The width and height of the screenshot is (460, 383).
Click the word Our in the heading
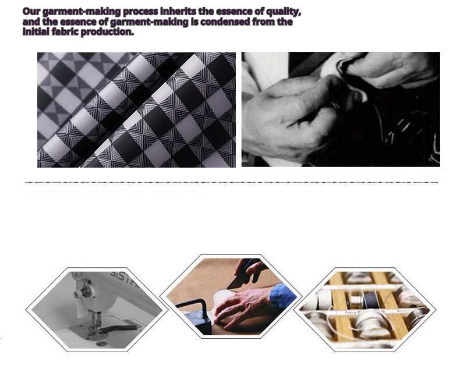(x=31, y=12)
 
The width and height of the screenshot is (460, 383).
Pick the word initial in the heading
(x=36, y=31)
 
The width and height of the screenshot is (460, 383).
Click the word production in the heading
(x=107, y=32)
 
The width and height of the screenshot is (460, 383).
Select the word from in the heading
(x=263, y=22)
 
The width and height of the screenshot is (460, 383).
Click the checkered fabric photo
(x=136, y=110)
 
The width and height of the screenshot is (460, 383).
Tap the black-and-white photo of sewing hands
(x=341, y=109)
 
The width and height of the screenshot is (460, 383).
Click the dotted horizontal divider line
(x=232, y=182)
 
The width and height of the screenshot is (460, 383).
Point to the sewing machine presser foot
(x=94, y=325)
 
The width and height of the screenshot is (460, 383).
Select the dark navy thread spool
(x=371, y=299)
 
